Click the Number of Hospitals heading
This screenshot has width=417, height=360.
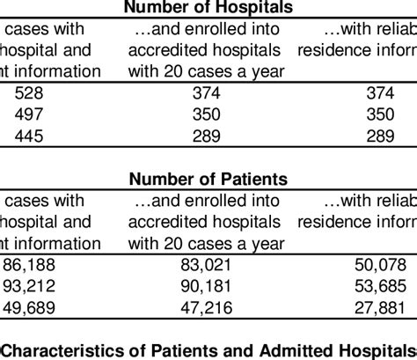point(208,9)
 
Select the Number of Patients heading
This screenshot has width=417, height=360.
point(208,180)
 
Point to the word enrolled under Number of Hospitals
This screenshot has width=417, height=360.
point(201,30)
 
